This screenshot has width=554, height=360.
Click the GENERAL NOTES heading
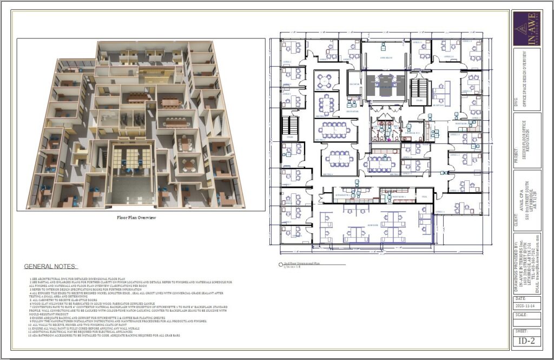[51, 266]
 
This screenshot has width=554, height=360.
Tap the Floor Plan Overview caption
[136, 218]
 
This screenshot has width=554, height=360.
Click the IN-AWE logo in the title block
[526, 29]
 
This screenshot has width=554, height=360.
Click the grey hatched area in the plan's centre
[386, 84]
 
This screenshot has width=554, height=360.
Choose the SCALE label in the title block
[520, 315]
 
